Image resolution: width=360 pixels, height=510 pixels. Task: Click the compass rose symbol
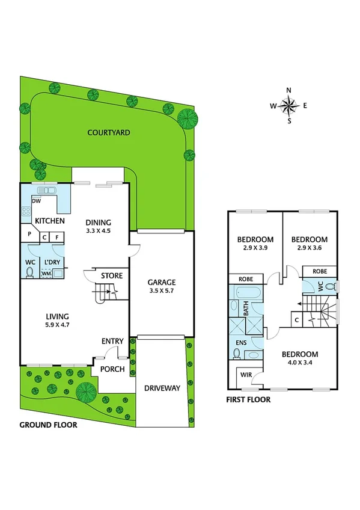pos(288,106)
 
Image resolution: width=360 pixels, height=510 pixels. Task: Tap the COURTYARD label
pos(109,132)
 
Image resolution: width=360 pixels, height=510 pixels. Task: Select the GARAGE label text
pos(162,281)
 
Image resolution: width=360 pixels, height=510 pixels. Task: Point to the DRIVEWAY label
pos(162,389)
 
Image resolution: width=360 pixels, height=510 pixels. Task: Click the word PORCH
pos(112,369)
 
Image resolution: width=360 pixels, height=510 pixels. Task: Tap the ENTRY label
pos(112,342)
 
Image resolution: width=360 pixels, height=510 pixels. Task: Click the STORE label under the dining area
pos(112,276)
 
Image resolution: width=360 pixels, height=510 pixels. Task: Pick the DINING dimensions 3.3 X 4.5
pos(97,230)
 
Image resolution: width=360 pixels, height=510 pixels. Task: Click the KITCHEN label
pos(49,221)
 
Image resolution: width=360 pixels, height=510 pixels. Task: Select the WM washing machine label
pos(46,274)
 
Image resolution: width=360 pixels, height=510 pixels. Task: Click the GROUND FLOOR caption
pos(48,424)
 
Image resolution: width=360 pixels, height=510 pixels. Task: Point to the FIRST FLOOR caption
pos(248,399)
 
